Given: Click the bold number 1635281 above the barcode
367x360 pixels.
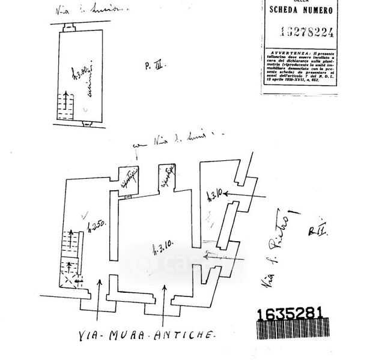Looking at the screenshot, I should tap(291, 314).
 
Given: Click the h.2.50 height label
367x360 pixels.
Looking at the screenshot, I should tap(96, 229).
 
